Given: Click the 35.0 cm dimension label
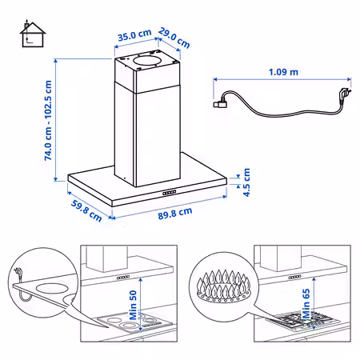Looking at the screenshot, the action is (134, 35).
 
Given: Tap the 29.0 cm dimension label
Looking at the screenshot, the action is (174, 38).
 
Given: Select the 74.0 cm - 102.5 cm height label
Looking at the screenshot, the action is (48, 120).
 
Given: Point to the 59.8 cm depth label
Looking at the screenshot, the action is (86, 210).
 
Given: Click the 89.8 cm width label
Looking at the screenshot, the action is (175, 214).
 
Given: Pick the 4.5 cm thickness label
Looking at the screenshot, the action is (246, 182).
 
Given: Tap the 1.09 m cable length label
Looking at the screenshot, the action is (283, 72).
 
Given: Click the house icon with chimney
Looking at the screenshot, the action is (33, 34).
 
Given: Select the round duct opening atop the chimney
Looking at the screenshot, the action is (147, 61).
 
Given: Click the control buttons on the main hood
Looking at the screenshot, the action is (170, 193).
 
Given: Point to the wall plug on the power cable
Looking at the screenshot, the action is (344, 94).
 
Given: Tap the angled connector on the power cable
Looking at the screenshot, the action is (220, 103).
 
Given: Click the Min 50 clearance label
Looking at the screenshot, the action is (133, 305).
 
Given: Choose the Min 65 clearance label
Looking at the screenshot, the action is (306, 303).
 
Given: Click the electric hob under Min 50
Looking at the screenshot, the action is (134, 322).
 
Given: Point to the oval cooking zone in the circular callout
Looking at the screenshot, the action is (50, 288).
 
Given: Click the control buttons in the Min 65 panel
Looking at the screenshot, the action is (294, 278).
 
